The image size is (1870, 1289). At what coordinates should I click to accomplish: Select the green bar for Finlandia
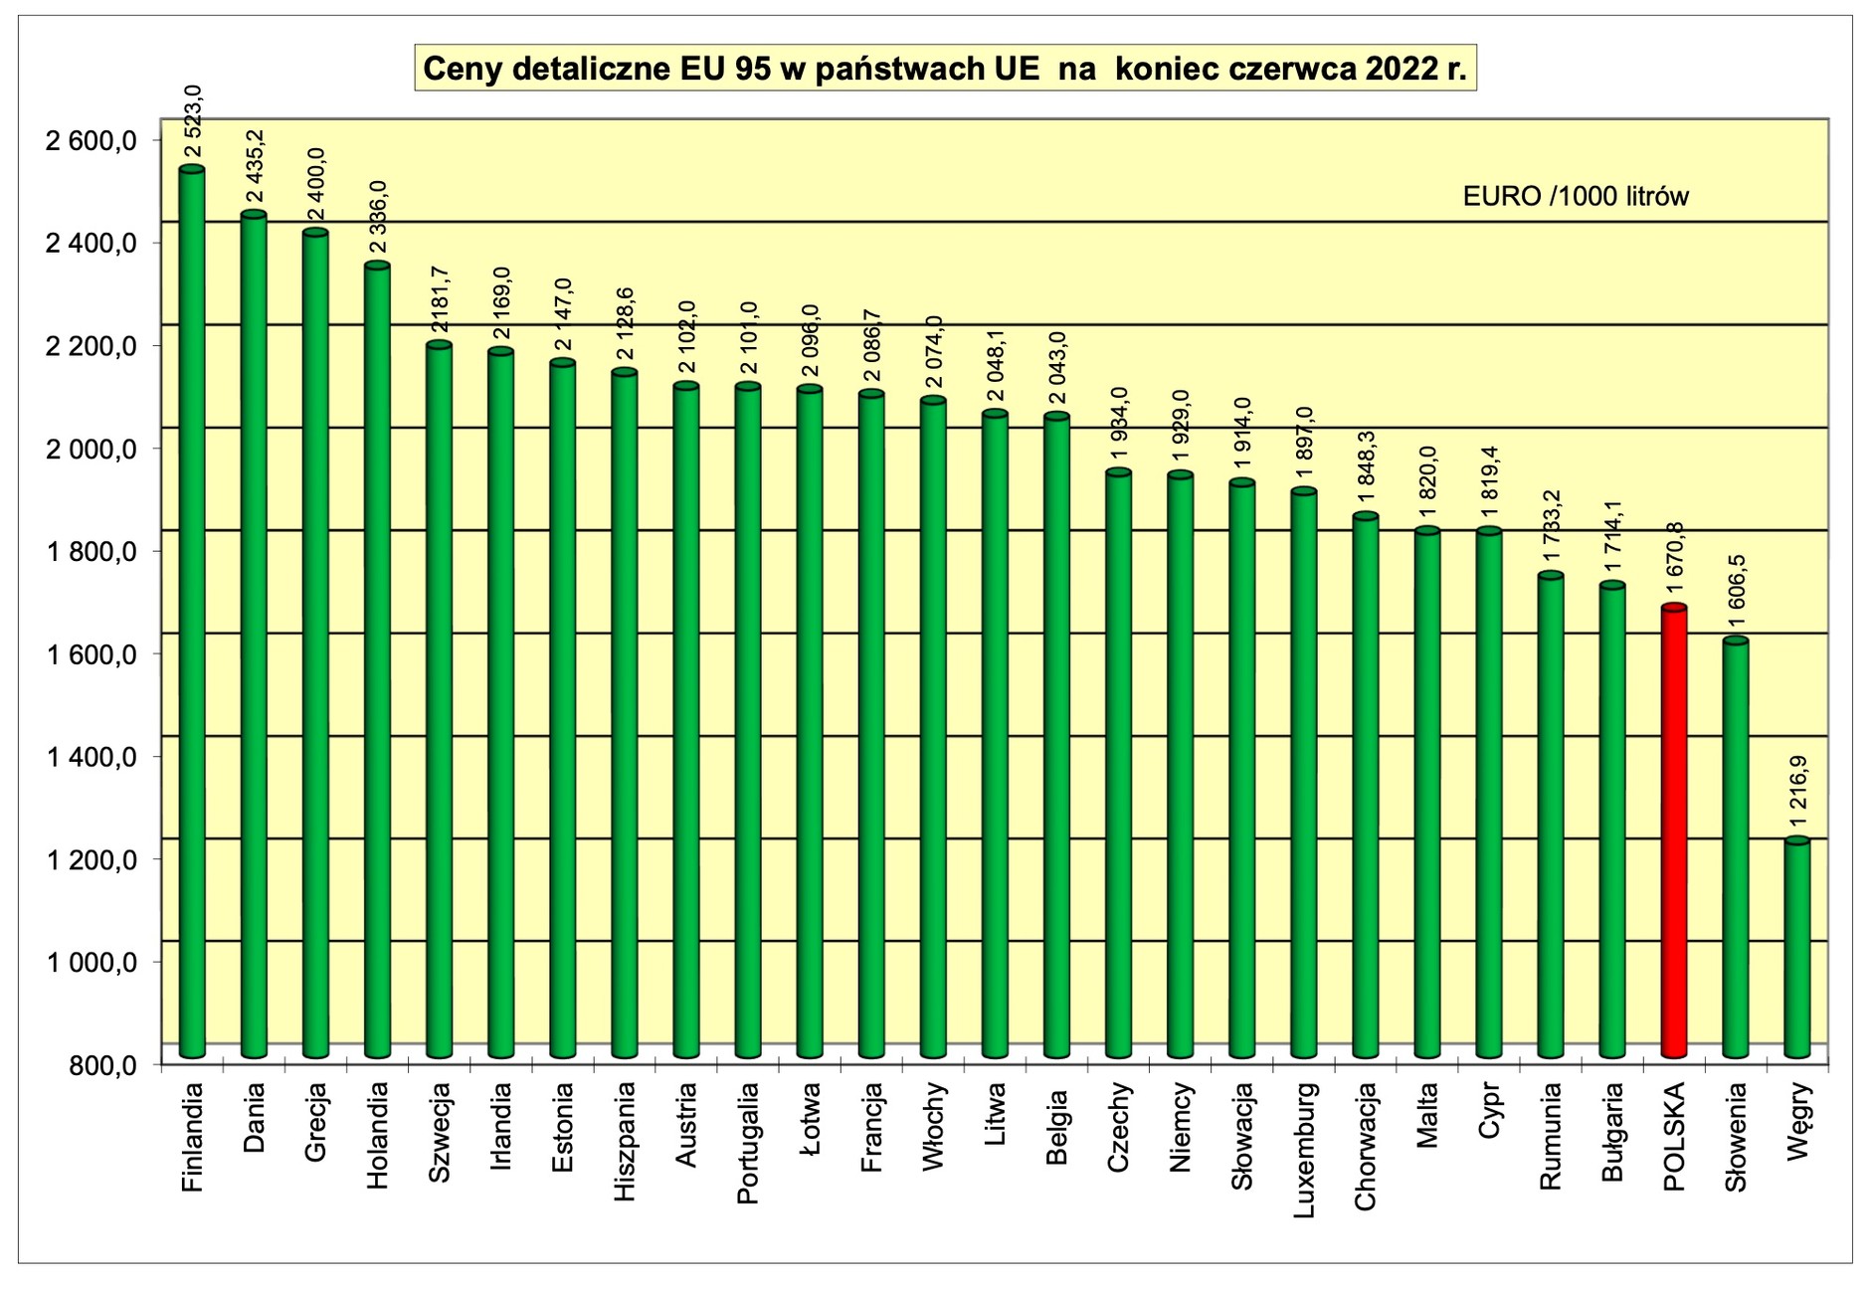pyautogui.click(x=192, y=612)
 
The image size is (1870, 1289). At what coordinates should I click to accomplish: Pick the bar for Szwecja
pyautogui.click(x=439, y=700)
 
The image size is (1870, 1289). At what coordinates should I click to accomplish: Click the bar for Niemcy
pyautogui.click(x=1180, y=765)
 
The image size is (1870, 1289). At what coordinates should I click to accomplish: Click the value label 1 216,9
pyautogui.click(x=1797, y=793)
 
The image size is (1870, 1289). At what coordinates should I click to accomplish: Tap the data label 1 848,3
pyautogui.click(x=1366, y=466)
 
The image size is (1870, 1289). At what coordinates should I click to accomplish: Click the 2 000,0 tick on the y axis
pyautogui.click(x=92, y=450)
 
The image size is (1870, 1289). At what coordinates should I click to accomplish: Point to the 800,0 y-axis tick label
pyautogui.click(x=103, y=1066)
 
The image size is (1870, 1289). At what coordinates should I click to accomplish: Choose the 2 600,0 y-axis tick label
pyautogui.click(x=92, y=141)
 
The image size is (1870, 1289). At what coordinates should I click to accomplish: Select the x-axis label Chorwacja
pyautogui.click(x=1366, y=1147)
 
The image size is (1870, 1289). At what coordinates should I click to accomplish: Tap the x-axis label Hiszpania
pyautogui.click(x=624, y=1141)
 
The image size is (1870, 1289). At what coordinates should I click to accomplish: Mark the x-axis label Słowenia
pyautogui.click(x=1736, y=1137)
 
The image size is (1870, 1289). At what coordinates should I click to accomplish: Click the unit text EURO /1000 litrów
pyautogui.click(x=1575, y=196)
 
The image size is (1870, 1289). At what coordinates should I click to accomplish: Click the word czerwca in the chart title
pyautogui.click(x=1293, y=69)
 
